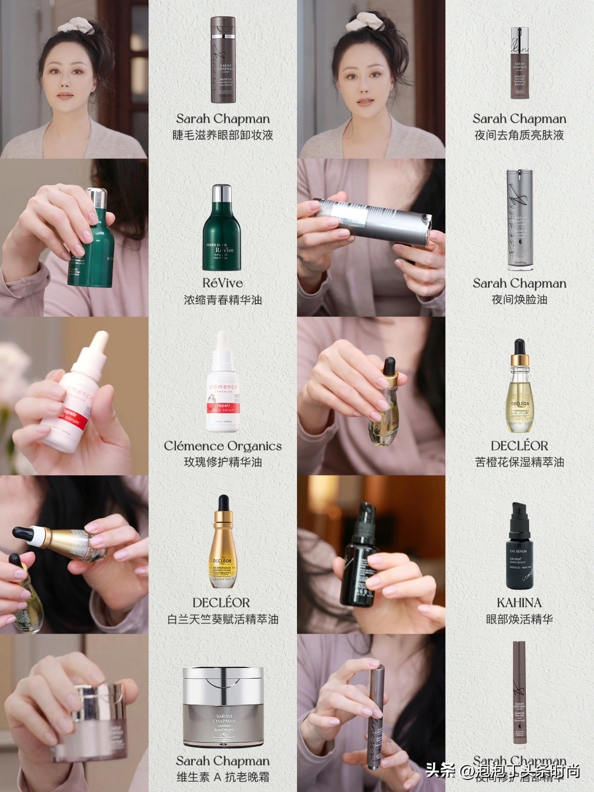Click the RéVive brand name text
[222, 283]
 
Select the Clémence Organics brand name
[222, 446]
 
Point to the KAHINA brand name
[519, 603]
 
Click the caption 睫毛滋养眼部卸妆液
[222, 135]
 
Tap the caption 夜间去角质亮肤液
[519, 135]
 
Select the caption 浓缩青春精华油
[222, 299]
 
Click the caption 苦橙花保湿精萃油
[519, 462]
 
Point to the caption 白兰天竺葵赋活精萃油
[222, 619]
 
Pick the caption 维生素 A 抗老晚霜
[222, 777]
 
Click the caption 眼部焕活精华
[519, 619]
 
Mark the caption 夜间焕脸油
[519, 299]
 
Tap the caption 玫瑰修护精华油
[222, 462]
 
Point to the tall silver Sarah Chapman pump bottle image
[519, 220]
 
